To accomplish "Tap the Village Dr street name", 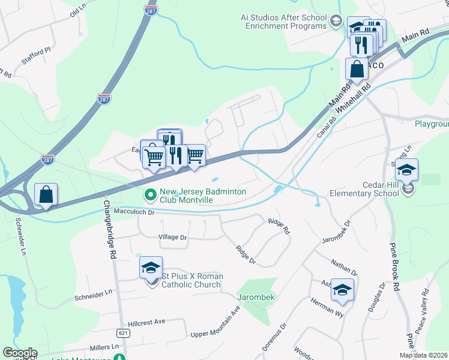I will (x=172, y=237).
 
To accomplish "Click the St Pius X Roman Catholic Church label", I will (x=192, y=280).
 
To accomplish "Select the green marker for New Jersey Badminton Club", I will (x=149, y=195).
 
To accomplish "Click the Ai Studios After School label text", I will (x=276, y=22).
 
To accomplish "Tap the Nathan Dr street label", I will (x=344, y=268).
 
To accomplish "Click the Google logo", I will (x=20, y=353).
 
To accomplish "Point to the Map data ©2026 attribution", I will (x=424, y=355).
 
